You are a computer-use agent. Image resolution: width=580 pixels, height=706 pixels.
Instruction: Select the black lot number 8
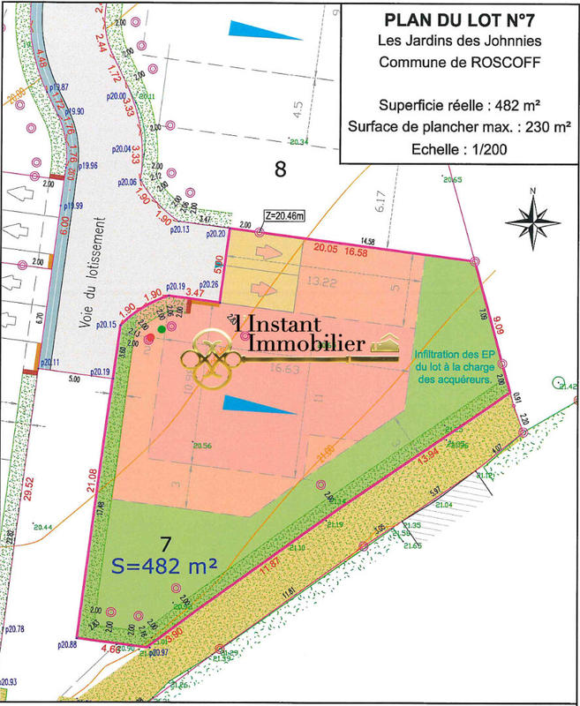pyautogui.click(x=281, y=170)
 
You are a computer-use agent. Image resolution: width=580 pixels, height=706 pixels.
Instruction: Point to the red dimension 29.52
pyautogui.click(x=29, y=488)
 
